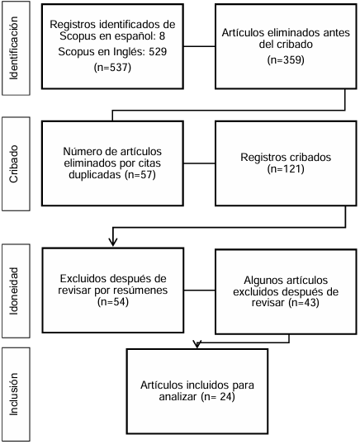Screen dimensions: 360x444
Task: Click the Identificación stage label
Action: [x=13, y=48]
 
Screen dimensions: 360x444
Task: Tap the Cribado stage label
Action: [x=13, y=164]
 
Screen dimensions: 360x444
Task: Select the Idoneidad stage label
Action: [x=13, y=291]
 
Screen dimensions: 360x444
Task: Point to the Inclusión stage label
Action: [x=13, y=394]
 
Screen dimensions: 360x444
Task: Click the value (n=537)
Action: [x=112, y=68]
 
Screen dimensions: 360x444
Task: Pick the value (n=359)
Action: [x=286, y=59]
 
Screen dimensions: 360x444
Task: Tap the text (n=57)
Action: [x=140, y=175]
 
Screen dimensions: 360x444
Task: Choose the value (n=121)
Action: [x=286, y=168]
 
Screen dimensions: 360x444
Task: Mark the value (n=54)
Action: [x=113, y=301]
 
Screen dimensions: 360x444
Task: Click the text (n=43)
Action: [x=304, y=303]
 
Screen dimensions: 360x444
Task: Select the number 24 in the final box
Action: [x=225, y=396]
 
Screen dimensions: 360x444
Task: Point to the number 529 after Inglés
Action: [x=158, y=52]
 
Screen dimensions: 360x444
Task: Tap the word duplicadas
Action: [x=95, y=175]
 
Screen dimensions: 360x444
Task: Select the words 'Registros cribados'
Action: [x=286, y=157]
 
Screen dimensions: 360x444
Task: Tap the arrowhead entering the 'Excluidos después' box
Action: [x=113, y=242]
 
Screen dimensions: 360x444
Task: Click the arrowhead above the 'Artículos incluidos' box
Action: [x=197, y=344]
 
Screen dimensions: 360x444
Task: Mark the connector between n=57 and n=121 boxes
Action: [x=199, y=163]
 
